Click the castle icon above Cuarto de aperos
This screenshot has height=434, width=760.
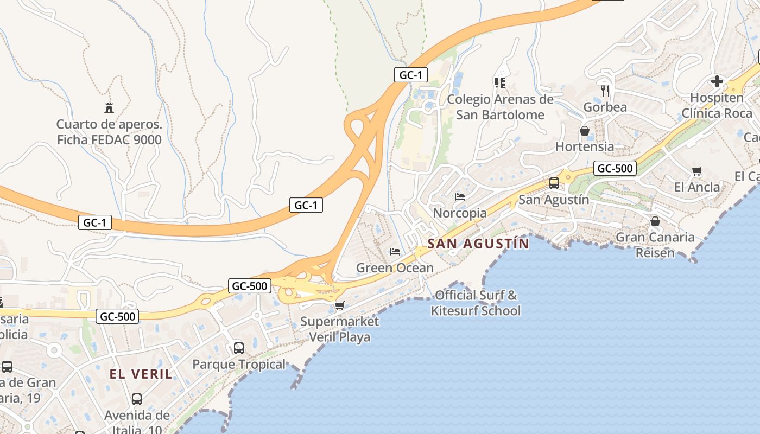click(x=109, y=107)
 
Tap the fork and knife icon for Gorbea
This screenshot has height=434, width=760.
click(x=605, y=90)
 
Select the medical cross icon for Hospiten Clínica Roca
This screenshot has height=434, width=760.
click(x=717, y=81)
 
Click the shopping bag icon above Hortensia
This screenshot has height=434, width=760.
click(x=585, y=131)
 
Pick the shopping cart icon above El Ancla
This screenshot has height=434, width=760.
click(x=697, y=171)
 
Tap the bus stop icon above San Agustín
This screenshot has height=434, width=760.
click(x=554, y=183)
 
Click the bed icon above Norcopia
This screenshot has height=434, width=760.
click(x=460, y=196)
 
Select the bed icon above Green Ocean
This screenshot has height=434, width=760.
click(x=395, y=252)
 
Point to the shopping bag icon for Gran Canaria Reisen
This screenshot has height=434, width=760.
click(x=655, y=221)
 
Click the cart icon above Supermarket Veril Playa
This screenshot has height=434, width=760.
click(x=340, y=306)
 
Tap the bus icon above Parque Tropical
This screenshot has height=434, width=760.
click(x=239, y=348)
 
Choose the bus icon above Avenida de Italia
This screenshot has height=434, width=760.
click(x=137, y=399)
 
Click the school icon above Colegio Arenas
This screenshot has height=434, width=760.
click(x=500, y=83)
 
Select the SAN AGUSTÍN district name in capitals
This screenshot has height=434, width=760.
click(x=478, y=244)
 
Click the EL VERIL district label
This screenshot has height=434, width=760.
click(x=141, y=374)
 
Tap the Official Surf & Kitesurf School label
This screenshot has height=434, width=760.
click(x=476, y=303)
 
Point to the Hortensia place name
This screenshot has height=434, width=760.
click(x=585, y=146)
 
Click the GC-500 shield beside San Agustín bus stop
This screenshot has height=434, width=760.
click(x=615, y=169)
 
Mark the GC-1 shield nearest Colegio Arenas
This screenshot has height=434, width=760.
click(x=410, y=75)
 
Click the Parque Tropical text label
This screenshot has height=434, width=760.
click(x=239, y=364)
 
